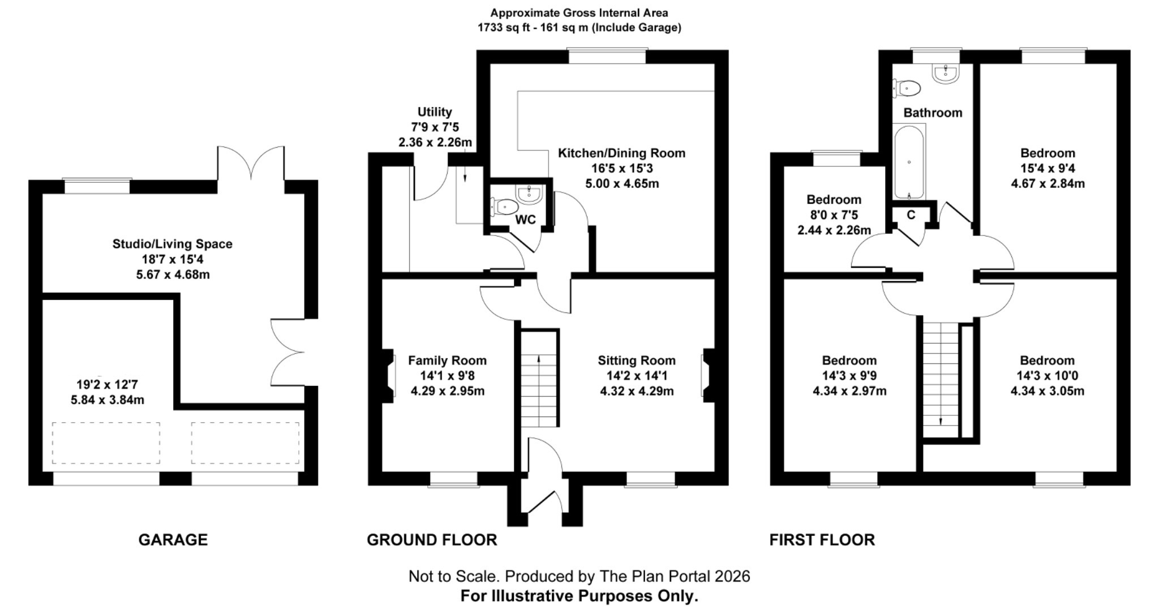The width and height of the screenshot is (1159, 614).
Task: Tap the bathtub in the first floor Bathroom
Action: tap(909, 162)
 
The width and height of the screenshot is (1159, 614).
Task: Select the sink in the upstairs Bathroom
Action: tap(945, 74)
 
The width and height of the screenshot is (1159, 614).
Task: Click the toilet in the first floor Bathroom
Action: tap(908, 88)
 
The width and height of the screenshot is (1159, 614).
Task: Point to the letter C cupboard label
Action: tap(911, 215)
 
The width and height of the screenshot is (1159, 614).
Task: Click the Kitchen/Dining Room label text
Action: tap(621, 153)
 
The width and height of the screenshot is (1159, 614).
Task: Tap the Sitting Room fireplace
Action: tap(707, 375)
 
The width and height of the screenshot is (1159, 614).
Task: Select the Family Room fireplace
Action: tap(389, 375)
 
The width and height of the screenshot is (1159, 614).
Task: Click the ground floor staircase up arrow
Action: tap(538, 359)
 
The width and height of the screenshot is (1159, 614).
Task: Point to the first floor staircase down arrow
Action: tap(941, 420)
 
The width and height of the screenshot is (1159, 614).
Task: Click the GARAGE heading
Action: tap(173, 540)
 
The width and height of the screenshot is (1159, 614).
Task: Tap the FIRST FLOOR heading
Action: tap(822, 540)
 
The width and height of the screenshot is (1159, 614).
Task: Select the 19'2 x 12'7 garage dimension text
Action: tap(107, 385)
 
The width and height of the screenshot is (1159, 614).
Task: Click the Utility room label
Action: tap(435, 112)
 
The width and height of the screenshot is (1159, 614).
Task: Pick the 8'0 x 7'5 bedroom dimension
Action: tap(834, 215)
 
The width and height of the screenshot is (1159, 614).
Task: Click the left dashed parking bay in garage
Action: tap(106, 443)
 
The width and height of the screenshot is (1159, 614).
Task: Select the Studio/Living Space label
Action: tap(172, 244)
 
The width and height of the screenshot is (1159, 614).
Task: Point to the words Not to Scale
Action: tap(453, 577)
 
